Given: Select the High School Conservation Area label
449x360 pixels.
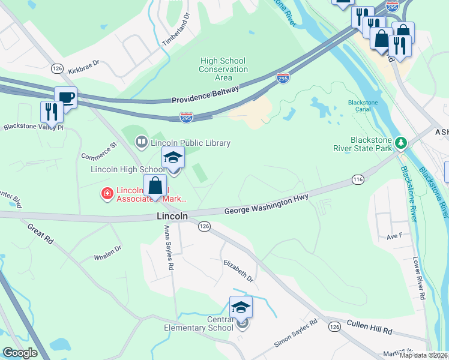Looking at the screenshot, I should click(223, 69).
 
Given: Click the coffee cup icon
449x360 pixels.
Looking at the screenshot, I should click(65, 97).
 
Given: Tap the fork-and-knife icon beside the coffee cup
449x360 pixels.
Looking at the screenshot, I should click(52, 112).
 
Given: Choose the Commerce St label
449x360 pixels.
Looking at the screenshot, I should click(98, 150).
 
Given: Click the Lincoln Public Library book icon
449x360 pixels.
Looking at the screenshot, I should click(142, 143).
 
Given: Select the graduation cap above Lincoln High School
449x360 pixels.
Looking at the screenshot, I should click(173, 158).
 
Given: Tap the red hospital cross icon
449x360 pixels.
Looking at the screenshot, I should click(107, 193).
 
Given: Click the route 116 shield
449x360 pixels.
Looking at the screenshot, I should click(358, 179).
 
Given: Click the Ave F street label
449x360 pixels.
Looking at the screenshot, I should click(394, 236).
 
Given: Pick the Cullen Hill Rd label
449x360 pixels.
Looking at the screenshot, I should click(370, 331).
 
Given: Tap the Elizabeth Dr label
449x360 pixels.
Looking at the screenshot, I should click(238, 271).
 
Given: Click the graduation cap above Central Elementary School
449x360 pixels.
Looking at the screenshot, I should click(241, 307).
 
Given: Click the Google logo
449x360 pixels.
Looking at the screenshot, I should click(20, 353).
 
